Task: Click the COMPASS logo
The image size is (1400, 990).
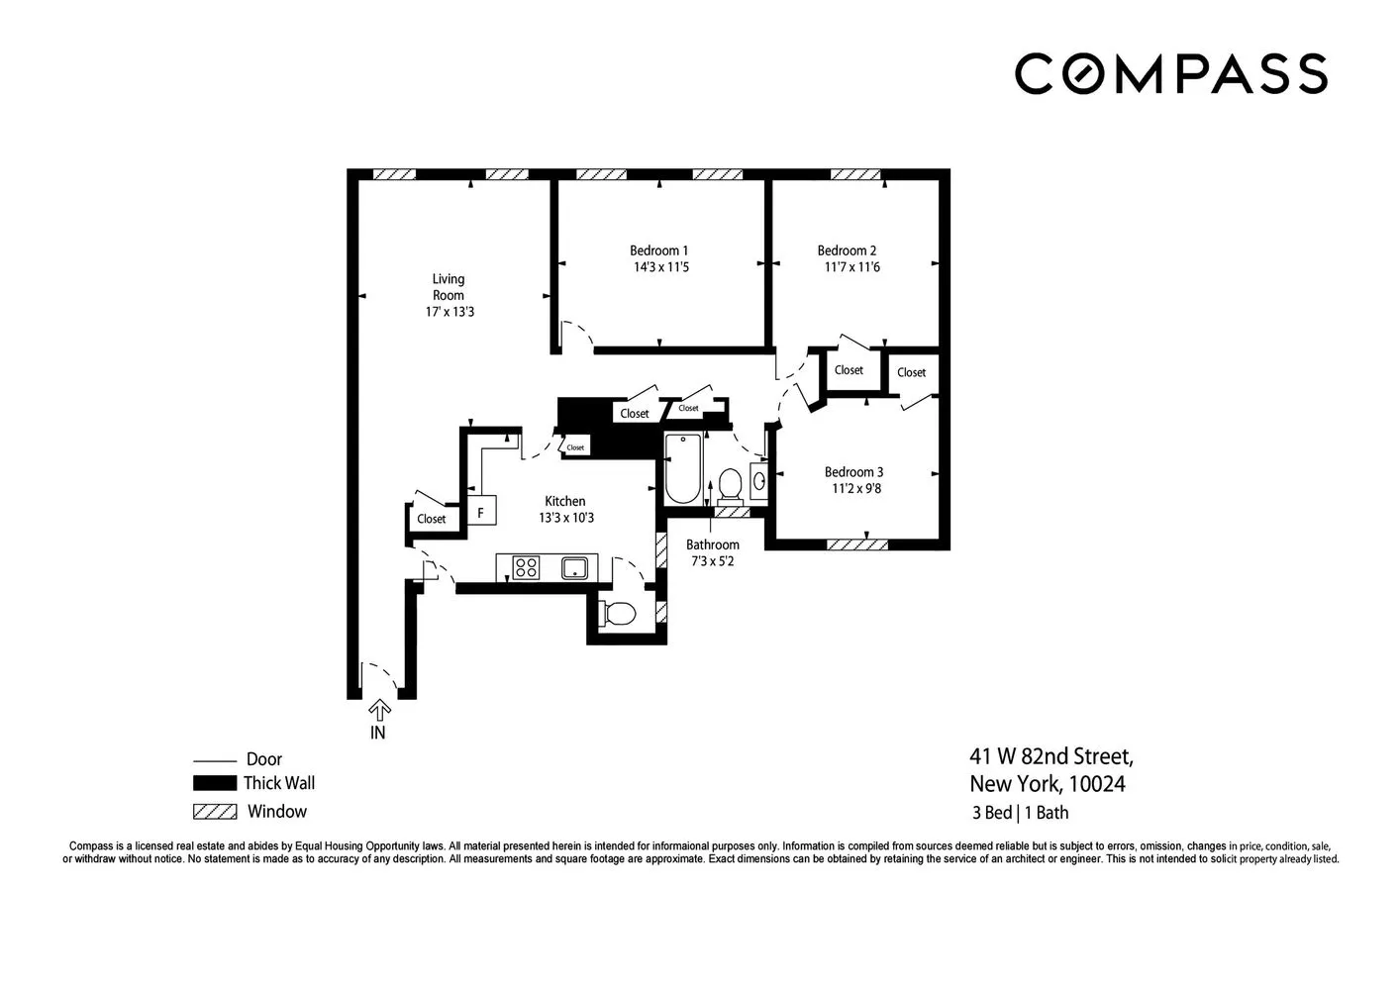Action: click(x=1170, y=74)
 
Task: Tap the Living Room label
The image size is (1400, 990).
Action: click(x=448, y=287)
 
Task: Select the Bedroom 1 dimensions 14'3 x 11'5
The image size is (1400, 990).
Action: click(x=660, y=267)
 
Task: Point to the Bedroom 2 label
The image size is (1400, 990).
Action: click(x=847, y=250)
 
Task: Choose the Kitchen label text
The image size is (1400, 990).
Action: click(x=565, y=501)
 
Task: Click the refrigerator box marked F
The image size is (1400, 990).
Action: click(x=481, y=513)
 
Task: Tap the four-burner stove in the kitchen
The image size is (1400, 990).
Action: click(x=526, y=567)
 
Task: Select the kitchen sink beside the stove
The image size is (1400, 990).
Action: click(x=574, y=567)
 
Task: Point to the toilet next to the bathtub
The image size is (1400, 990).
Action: click(x=730, y=484)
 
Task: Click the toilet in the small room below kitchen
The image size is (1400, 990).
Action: click(x=619, y=614)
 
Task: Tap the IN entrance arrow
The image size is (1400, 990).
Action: click(x=379, y=710)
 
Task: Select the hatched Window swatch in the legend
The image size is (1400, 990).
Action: click(x=215, y=812)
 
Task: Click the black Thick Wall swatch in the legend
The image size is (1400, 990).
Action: click(x=215, y=783)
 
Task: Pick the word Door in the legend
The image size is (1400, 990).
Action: click(x=264, y=759)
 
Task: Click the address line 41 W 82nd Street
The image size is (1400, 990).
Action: click(x=1051, y=757)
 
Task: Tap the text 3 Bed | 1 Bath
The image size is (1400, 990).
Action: click(x=1020, y=813)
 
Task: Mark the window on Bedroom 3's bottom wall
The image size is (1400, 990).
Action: click(x=856, y=544)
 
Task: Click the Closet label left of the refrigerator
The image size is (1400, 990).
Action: click(x=431, y=519)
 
